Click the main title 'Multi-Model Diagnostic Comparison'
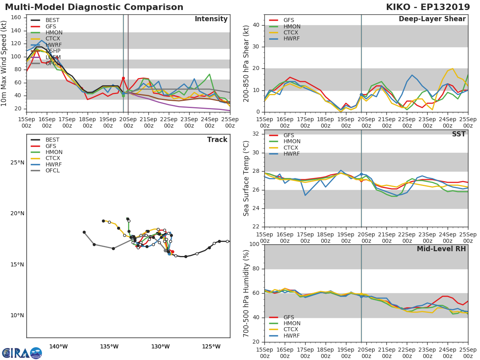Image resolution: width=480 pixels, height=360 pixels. pos(94,7)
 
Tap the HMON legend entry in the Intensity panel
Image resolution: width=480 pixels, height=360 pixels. pos(54,32)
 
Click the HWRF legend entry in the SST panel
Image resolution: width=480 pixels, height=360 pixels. pos(292,154)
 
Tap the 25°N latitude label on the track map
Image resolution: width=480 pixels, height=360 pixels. pos(17,162)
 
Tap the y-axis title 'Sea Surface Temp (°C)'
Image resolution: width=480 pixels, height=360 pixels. pos(246,178)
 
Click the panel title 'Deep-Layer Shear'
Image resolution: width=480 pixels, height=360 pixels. pos(432,19)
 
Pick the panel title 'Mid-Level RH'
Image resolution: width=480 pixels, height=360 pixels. pos(441,249)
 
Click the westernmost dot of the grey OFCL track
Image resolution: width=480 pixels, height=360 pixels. pos(84,232)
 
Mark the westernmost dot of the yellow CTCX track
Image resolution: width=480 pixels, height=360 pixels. pos(103,221)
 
